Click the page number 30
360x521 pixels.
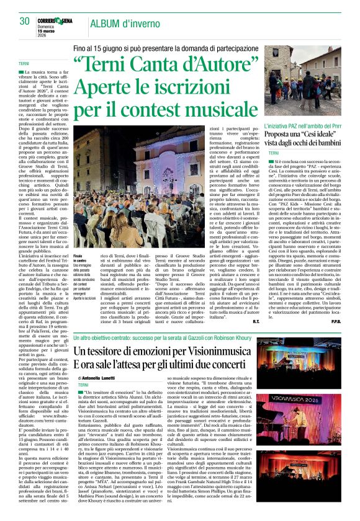pyautogui.click(x=24, y=22)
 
